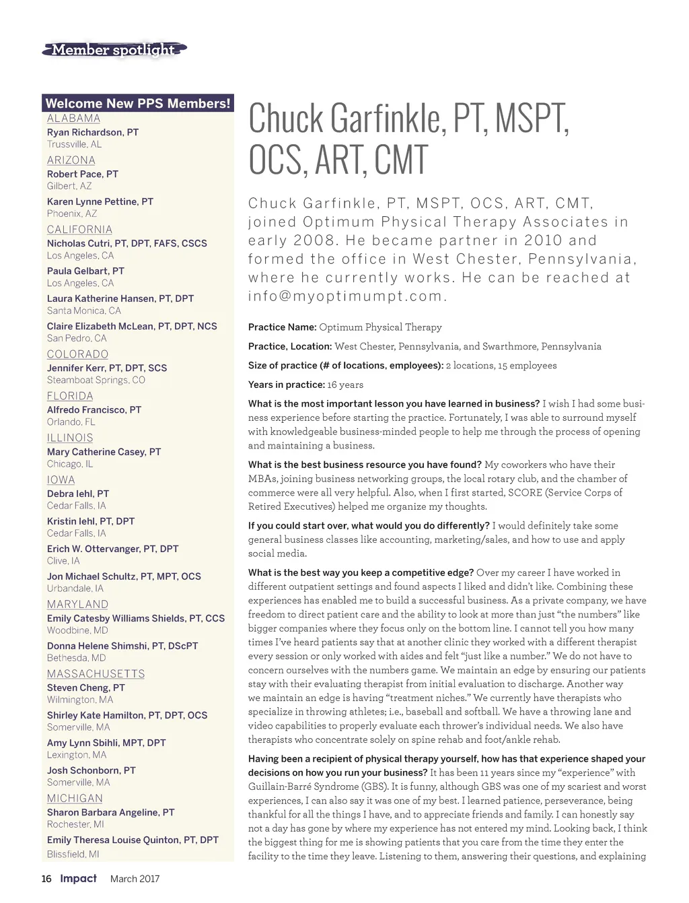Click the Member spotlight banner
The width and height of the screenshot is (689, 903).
[x=114, y=50]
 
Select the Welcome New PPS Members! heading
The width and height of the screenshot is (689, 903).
[x=138, y=103]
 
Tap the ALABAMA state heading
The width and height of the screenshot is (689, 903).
[x=73, y=119]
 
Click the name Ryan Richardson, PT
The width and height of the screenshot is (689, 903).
[x=93, y=132]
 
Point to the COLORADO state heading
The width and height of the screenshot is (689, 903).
[x=77, y=354]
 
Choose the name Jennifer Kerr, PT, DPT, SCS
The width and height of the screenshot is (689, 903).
[x=107, y=368]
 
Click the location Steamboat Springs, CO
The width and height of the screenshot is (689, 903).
[x=96, y=380]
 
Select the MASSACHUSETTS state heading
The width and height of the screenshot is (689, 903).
[x=96, y=674]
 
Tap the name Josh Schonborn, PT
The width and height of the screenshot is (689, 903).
[x=92, y=770]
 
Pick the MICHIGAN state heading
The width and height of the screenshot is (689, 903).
[x=75, y=798]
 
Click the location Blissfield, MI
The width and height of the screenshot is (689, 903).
[x=73, y=854]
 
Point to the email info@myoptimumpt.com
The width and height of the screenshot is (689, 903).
[x=347, y=296]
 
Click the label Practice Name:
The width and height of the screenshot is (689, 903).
[x=282, y=327]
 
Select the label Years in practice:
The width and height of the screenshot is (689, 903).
[x=286, y=384]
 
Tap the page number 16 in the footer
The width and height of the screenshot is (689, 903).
[x=46, y=879]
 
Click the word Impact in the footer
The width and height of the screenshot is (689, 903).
[x=78, y=878]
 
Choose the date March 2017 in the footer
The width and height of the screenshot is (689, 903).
[x=135, y=879]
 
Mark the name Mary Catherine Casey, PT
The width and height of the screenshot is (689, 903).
[x=104, y=452]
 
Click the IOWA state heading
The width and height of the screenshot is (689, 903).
[x=61, y=480]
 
